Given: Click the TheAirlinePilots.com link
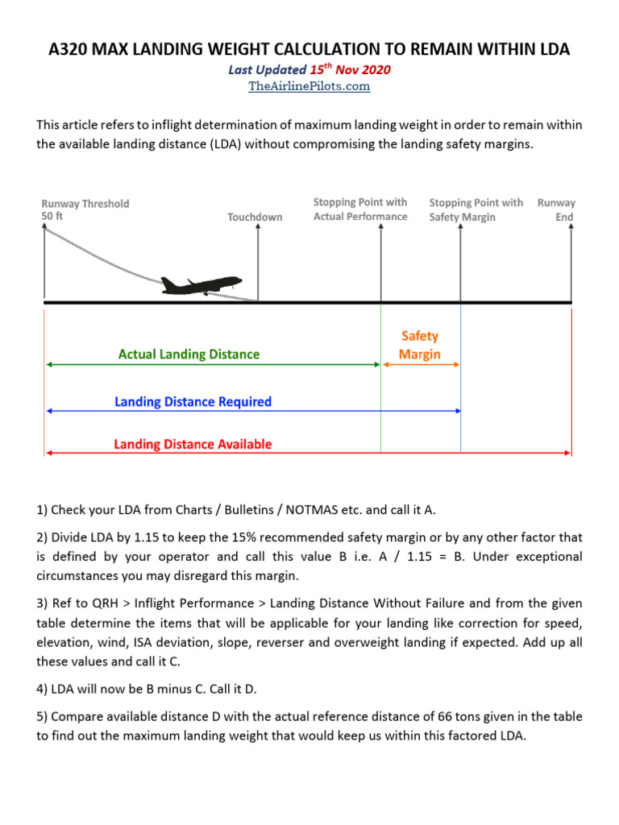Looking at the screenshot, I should [309, 86].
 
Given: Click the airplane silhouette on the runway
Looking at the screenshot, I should [201, 285].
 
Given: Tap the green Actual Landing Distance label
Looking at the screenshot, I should [189, 354].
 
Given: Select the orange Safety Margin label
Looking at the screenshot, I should [419, 346].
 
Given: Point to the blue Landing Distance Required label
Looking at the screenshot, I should [193, 401].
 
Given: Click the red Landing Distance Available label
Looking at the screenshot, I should [193, 444].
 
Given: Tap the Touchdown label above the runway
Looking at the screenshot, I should [255, 218].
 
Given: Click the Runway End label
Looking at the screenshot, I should [556, 209].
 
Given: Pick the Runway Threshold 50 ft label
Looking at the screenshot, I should [85, 210].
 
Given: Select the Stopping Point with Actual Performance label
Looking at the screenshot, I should [360, 209].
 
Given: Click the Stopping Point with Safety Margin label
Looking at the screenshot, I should [476, 209].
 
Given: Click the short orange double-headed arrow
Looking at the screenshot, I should [421, 365].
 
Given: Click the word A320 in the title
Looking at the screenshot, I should [71, 49].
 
